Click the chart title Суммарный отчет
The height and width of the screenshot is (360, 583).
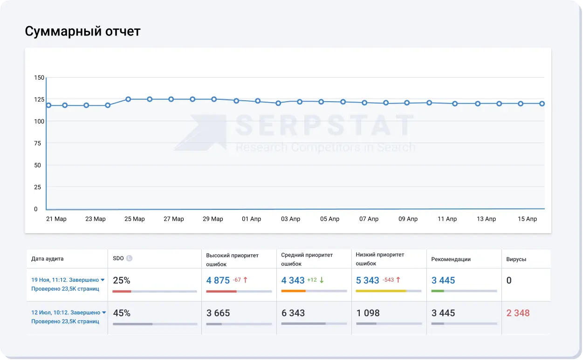pyautogui.click(x=82, y=31)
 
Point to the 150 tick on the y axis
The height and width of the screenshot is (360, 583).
pyautogui.click(x=39, y=77)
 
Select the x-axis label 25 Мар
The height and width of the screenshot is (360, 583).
pyautogui.click(x=135, y=219)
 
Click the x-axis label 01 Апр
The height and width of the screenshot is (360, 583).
pyautogui.click(x=252, y=219)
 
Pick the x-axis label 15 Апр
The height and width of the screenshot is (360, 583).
pyautogui.click(x=527, y=219)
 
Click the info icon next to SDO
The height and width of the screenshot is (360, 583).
pyautogui.click(x=130, y=258)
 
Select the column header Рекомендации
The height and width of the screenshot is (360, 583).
pyautogui.click(x=451, y=259)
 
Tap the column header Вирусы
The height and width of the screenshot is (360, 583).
pyautogui.click(x=516, y=259)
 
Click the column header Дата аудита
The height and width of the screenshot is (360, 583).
pyautogui.click(x=48, y=259)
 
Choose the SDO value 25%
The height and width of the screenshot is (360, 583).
pyautogui.click(x=122, y=280)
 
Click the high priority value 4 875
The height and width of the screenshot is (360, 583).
pyautogui.click(x=218, y=280)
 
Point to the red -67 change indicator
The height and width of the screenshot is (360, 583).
pyautogui.click(x=237, y=280)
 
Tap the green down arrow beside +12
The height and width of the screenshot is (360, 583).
pyautogui.click(x=322, y=280)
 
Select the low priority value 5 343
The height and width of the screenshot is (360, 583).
pyautogui.click(x=368, y=280)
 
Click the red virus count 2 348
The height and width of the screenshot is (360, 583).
pyautogui.click(x=518, y=313)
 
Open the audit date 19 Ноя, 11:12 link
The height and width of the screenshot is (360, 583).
pyautogui.click(x=65, y=280)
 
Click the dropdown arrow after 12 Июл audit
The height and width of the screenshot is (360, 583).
pyautogui.click(x=104, y=312)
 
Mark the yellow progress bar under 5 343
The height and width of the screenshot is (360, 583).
pyautogui.click(x=381, y=291)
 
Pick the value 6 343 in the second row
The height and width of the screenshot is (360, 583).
pyautogui.click(x=293, y=313)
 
